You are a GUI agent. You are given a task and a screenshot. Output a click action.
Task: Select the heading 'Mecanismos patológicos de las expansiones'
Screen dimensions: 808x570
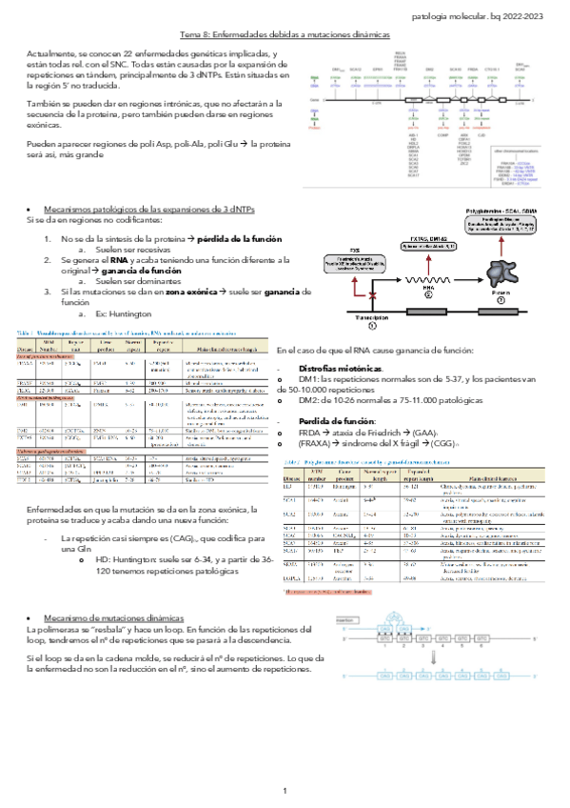(x=142, y=208)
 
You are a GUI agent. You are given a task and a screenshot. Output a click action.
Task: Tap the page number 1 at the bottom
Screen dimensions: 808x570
(x=284, y=765)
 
